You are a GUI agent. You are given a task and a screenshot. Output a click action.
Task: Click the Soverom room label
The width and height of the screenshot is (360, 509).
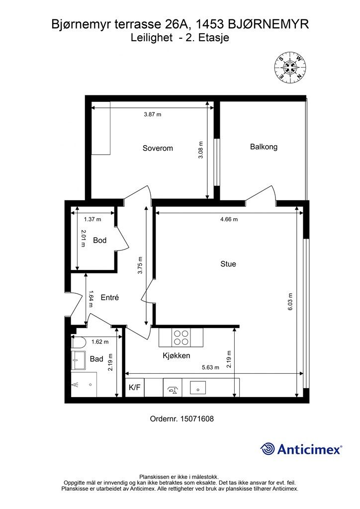(158, 148)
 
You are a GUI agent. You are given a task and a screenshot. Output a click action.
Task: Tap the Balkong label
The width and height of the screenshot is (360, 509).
(264, 147)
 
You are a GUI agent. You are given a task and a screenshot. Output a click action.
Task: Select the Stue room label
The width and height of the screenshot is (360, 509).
(228, 264)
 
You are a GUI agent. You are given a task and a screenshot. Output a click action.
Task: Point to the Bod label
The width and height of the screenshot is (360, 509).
(99, 240)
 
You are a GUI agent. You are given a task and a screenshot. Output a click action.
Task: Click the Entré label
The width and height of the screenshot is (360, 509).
(110, 297)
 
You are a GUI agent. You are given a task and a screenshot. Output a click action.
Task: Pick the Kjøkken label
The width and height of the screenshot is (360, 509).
(176, 356)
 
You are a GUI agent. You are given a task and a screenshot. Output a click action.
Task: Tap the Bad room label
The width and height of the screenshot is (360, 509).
(96, 359)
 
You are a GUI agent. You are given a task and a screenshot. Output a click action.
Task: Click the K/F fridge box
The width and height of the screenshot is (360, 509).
(135, 387)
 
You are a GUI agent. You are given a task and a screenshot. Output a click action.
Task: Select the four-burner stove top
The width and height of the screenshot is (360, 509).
(181, 338)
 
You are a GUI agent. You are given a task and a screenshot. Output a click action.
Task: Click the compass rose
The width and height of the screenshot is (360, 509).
(291, 68)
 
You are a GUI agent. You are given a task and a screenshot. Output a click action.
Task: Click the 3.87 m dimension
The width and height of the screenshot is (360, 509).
(153, 115)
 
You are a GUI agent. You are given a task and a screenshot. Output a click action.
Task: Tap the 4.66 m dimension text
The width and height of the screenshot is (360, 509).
(229, 219)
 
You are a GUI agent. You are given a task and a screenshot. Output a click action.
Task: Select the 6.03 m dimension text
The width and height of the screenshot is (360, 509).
(290, 302)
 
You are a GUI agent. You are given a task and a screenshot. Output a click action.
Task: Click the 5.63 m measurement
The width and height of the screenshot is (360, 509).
(210, 367)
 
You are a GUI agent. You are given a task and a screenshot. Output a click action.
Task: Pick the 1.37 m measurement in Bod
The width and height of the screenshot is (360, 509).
(92, 219)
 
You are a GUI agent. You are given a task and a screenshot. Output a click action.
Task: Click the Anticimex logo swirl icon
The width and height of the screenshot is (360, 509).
(267, 449)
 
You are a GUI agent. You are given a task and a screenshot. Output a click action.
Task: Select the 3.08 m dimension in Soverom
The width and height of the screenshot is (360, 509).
(200, 150)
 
